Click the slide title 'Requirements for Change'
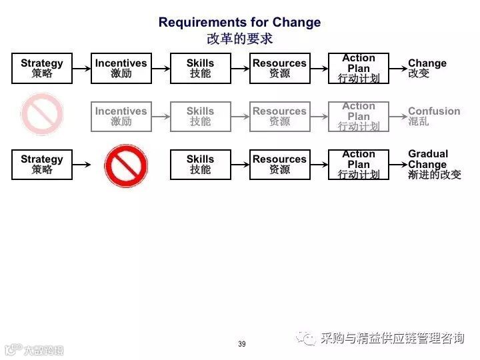click(239, 22)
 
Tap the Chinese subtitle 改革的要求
click(239, 39)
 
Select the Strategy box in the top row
click(41, 68)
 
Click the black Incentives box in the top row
click(121, 68)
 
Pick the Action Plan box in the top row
click(359, 68)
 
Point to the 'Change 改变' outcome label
click(427, 68)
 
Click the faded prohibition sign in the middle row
click(41, 115)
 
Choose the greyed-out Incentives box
click(121, 116)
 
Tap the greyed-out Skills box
click(200, 116)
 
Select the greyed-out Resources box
click(279, 116)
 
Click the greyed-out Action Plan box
click(359, 116)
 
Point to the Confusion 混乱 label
click(433, 116)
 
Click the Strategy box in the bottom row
click(41, 164)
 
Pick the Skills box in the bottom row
click(200, 164)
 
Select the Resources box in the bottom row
click(279, 164)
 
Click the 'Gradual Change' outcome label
click(434, 164)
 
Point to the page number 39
click(241, 344)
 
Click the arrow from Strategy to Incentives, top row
click(81, 68)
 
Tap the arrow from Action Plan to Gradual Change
click(397, 164)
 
